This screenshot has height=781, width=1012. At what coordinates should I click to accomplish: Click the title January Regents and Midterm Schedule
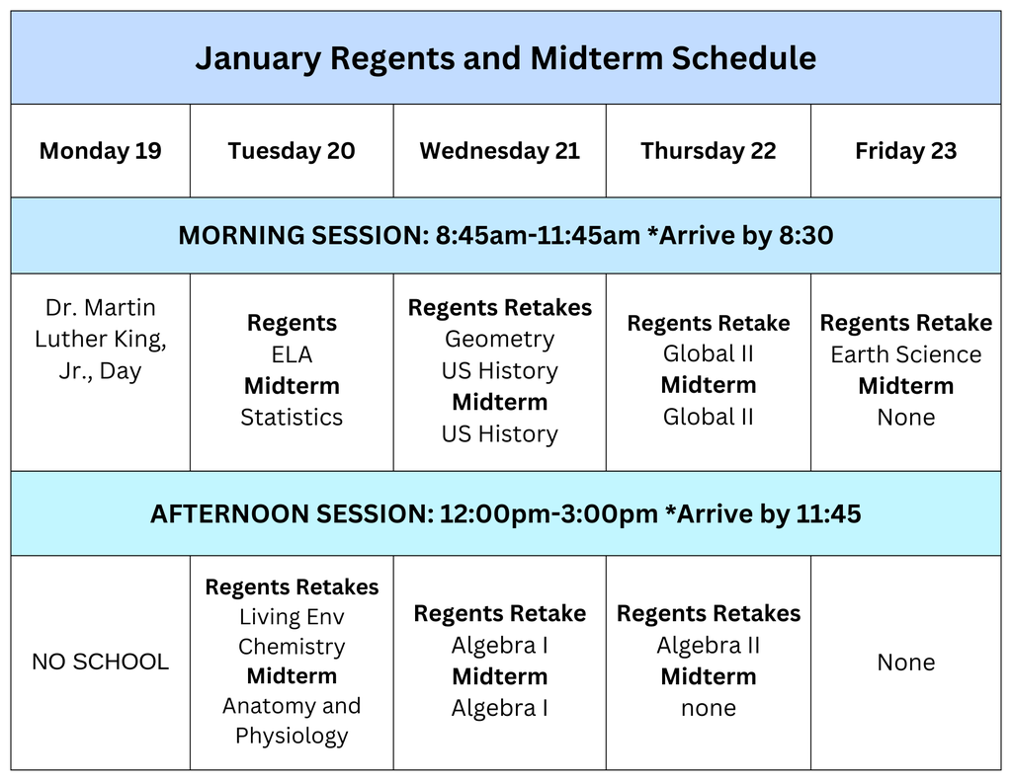505,58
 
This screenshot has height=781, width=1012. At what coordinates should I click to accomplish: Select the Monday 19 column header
100,151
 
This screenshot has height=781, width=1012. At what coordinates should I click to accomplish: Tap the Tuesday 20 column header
291,151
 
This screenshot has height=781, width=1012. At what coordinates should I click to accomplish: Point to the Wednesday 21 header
499,151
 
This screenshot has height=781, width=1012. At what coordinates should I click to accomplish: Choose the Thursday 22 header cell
708,151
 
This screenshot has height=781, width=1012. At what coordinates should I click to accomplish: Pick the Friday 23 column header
905,151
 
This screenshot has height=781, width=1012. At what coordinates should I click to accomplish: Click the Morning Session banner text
505,236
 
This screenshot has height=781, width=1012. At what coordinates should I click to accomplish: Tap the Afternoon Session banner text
505,514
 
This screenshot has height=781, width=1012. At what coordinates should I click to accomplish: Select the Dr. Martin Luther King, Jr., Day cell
100,339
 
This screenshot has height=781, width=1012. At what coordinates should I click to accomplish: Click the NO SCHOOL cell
100,662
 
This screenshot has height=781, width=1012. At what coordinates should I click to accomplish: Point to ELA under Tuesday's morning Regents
292,354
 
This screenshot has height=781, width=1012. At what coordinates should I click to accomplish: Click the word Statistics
292,417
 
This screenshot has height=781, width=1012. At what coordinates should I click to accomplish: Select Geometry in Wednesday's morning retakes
499,339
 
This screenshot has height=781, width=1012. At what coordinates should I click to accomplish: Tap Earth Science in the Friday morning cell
905,354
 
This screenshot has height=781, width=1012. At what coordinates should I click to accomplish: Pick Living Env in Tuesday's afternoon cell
292,617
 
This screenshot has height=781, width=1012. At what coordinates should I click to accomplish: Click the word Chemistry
292,647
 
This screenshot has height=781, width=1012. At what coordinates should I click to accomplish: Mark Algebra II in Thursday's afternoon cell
708,645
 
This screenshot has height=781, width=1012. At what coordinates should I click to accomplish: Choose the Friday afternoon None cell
905,662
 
